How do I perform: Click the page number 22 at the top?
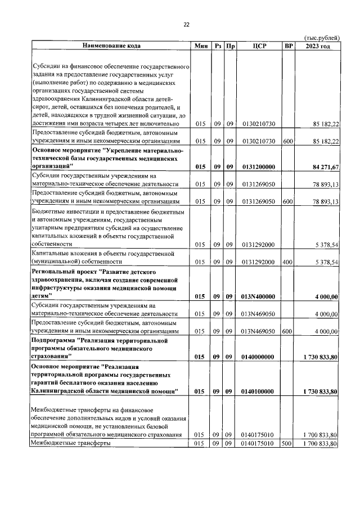pyautogui.click(x=186, y=25)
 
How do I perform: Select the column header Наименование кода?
pyautogui.click(x=111, y=46)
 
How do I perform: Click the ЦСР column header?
pyautogui.click(x=258, y=46)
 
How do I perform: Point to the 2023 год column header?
pyautogui.click(x=318, y=46)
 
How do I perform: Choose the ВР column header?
pyautogui.click(x=288, y=46)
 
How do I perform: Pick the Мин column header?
pyautogui.click(x=201, y=46)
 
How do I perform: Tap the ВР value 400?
pyautogui.click(x=288, y=262)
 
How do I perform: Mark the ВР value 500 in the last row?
pyautogui.click(x=288, y=444)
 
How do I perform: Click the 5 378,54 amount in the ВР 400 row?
pyautogui.click(x=325, y=262)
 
